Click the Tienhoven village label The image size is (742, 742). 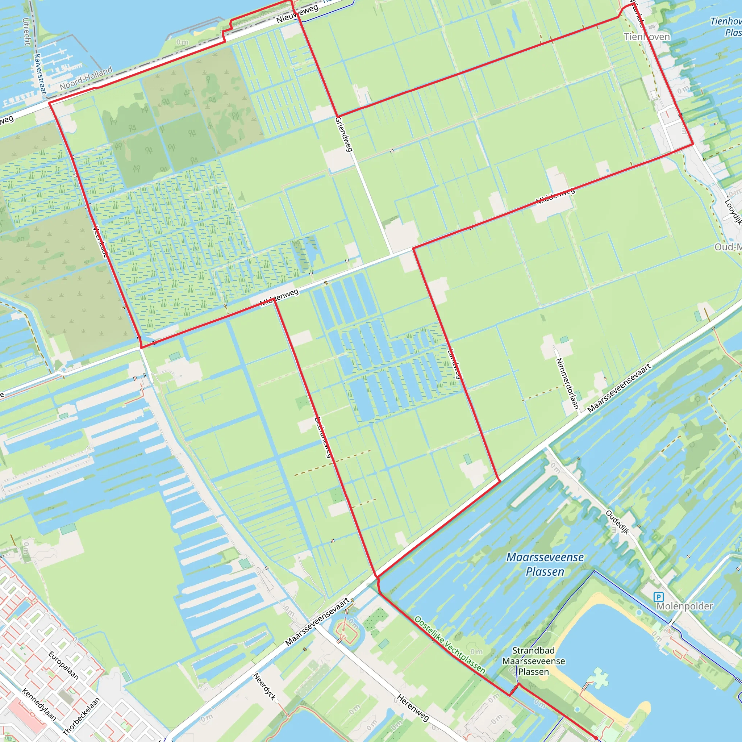pyautogui.click(x=647, y=37)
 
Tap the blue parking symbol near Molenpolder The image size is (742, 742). pyautogui.click(x=659, y=597)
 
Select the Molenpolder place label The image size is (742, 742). pyautogui.click(x=684, y=606)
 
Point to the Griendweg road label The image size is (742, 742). pyautogui.click(x=344, y=134)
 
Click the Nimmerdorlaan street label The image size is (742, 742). pyautogui.click(x=567, y=384)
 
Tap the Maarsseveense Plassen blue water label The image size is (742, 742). pyautogui.click(x=545, y=564)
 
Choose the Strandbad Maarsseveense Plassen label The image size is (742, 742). pyautogui.click(x=533, y=661)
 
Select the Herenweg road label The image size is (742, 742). pyautogui.click(x=413, y=708)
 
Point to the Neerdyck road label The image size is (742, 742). pyautogui.click(x=265, y=686)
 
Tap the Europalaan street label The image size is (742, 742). pyautogui.click(x=64, y=666)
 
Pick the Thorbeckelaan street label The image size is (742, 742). pyautogui.click(x=81, y=715)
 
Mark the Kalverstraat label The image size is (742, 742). pyautogui.click(x=40, y=74)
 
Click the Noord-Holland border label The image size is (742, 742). pyautogui.click(x=86, y=78)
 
